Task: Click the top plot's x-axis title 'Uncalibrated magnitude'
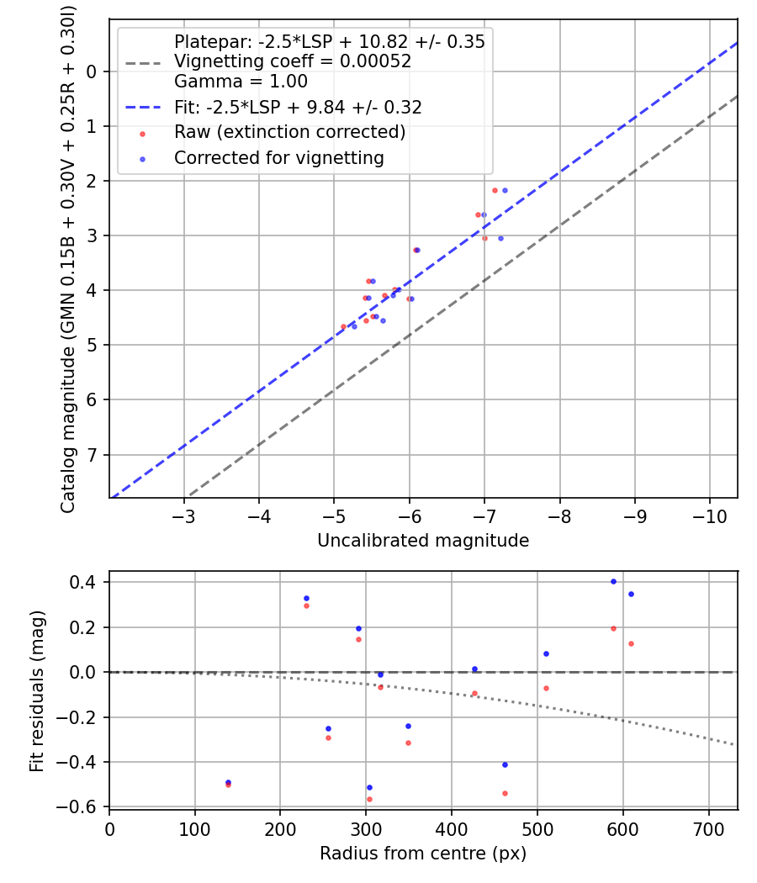click(x=423, y=541)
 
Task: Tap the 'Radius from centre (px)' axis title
click(x=423, y=854)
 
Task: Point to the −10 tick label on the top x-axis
click(x=709, y=516)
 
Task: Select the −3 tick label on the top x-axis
click(x=183, y=516)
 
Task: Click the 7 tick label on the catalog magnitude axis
click(x=91, y=454)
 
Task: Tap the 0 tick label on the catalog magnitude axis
click(x=91, y=71)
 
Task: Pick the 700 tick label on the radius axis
click(x=708, y=829)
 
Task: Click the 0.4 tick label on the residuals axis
click(x=82, y=582)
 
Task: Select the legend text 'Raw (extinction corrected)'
click(x=290, y=132)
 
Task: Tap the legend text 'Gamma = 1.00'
click(x=241, y=81)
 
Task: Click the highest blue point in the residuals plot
click(x=613, y=582)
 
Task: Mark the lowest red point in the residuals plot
click(x=369, y=799)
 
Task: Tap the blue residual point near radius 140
click(x=228, y=782)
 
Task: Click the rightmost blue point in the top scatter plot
click(x=506, y=190)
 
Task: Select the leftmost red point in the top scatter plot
click(x=343, y=326)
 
